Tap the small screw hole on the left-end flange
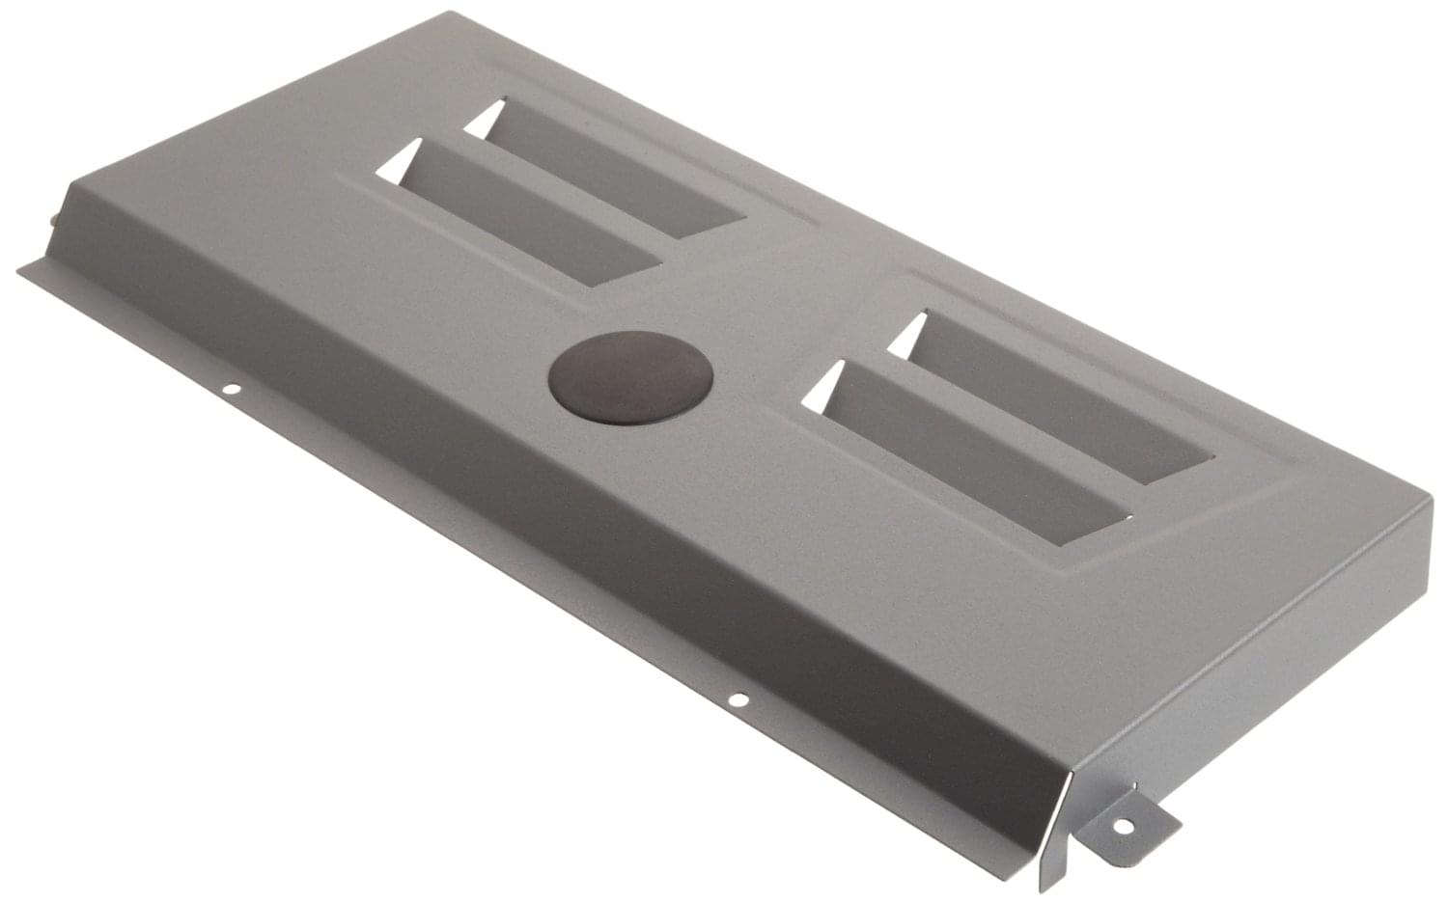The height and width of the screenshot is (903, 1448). coord(231,390)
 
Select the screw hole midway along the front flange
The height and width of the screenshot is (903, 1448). coord(738,699)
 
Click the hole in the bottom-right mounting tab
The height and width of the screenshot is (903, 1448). coord(1124,826)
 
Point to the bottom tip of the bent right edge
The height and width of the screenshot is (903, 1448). coord(1043,889)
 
